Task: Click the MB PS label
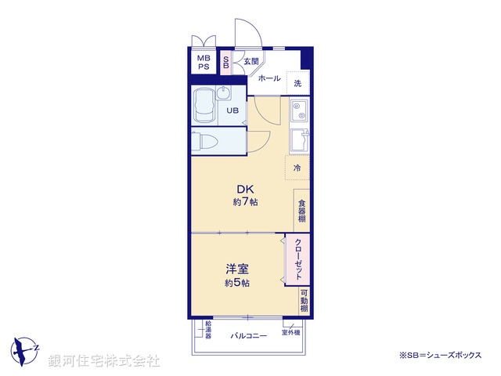pyautogui.click(x=204, y=62)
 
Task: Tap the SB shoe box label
pyautogui.click(x=226, y=62)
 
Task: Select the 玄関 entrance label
pyautogui.click(x=250, y=61)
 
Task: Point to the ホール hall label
pyautogui.click(x=269, y=78)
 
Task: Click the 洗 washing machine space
pyautogui.click(x=297, y=82)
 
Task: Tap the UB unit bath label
pyautogui.click(x=232, y=110)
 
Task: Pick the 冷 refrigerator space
pyautogui.click(x=297, y=168)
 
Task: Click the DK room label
pyautogui.click(x=245, y=188)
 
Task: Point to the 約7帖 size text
pyautogui.click(x=245, y=202)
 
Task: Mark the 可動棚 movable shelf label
pyautogui.click(x=304, y=301)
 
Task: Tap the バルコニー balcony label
pyautogui.click(x=248, y=335)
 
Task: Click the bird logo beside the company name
pyautogui.click(x=26, y=348)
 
